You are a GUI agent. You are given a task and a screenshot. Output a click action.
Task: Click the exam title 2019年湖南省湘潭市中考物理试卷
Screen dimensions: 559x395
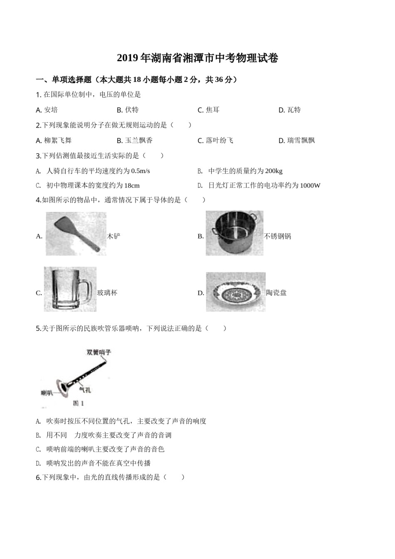197,58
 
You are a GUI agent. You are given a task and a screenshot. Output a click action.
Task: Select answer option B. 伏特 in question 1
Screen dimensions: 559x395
128,110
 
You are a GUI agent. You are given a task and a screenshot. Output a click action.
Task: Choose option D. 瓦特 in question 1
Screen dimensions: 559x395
289,110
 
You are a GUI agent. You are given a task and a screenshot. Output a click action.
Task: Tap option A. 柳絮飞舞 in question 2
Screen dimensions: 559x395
54,141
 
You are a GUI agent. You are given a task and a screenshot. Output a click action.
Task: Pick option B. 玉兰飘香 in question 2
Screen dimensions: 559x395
135,141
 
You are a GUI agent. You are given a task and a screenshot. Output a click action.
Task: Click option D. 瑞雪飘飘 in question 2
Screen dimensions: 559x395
296,141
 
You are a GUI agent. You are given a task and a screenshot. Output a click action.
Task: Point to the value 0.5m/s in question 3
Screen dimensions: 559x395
140,171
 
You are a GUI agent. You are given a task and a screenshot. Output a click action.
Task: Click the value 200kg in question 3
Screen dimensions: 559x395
274,171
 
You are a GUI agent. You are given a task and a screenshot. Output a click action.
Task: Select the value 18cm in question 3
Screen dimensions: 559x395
132,186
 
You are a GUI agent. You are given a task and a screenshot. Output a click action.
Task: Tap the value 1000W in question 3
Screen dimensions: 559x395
310,186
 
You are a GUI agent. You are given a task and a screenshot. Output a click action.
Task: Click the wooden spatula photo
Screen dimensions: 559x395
76,234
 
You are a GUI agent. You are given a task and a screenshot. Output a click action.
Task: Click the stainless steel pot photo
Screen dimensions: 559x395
235,233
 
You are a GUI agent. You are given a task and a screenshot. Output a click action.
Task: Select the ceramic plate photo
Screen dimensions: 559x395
235,292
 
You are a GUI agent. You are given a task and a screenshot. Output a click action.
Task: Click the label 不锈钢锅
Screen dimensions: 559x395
278,236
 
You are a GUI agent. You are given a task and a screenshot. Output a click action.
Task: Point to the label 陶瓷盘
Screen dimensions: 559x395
276,293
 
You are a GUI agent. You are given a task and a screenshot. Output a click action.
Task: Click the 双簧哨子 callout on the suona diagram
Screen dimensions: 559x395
99,352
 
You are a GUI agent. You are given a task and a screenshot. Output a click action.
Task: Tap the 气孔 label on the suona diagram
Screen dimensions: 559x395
85,389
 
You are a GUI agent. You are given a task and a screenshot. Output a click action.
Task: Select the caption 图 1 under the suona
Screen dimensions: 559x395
79,403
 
